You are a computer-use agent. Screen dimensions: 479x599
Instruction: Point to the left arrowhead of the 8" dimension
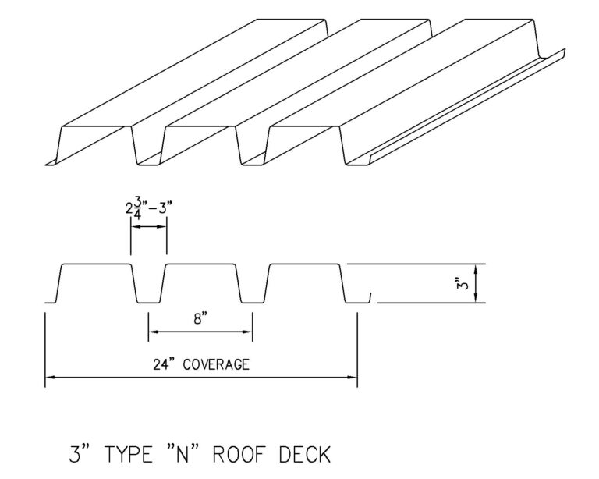152,332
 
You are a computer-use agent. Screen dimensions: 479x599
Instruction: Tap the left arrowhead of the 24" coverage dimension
50,378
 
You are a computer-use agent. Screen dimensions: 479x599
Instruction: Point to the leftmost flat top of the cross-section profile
94,265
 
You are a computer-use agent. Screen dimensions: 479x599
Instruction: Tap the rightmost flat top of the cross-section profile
303,265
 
